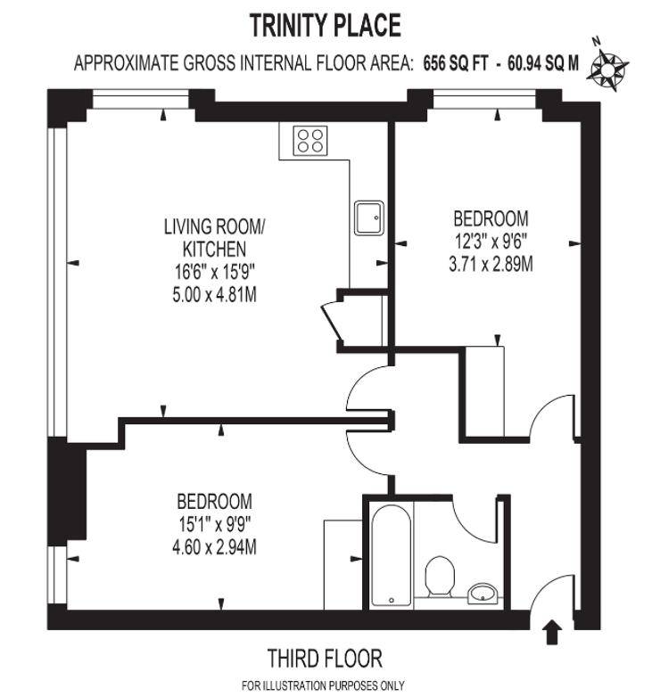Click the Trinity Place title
(x=326, y=25)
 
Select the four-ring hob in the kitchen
(x=310, y=141)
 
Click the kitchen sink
(x=368, y=217)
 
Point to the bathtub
(x=391, y=555)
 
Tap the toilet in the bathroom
(x=440, y=577)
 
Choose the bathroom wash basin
(x=483, y=594)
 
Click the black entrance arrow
(x=552, y=632)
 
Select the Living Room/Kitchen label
(x=214, y=238)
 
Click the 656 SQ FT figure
(x=456, y=63)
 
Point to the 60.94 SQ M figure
(x=543, y=63)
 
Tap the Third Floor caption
(x=325, y=659)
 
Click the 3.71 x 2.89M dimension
(x=491, y=265)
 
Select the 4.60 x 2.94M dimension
(x=214, y=547)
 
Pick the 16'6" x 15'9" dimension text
(x=214, y=272)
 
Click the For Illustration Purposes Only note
(x=324, y=685)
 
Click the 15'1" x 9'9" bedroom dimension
(x=215, y=525)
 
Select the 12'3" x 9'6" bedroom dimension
(x=491, y=242)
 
